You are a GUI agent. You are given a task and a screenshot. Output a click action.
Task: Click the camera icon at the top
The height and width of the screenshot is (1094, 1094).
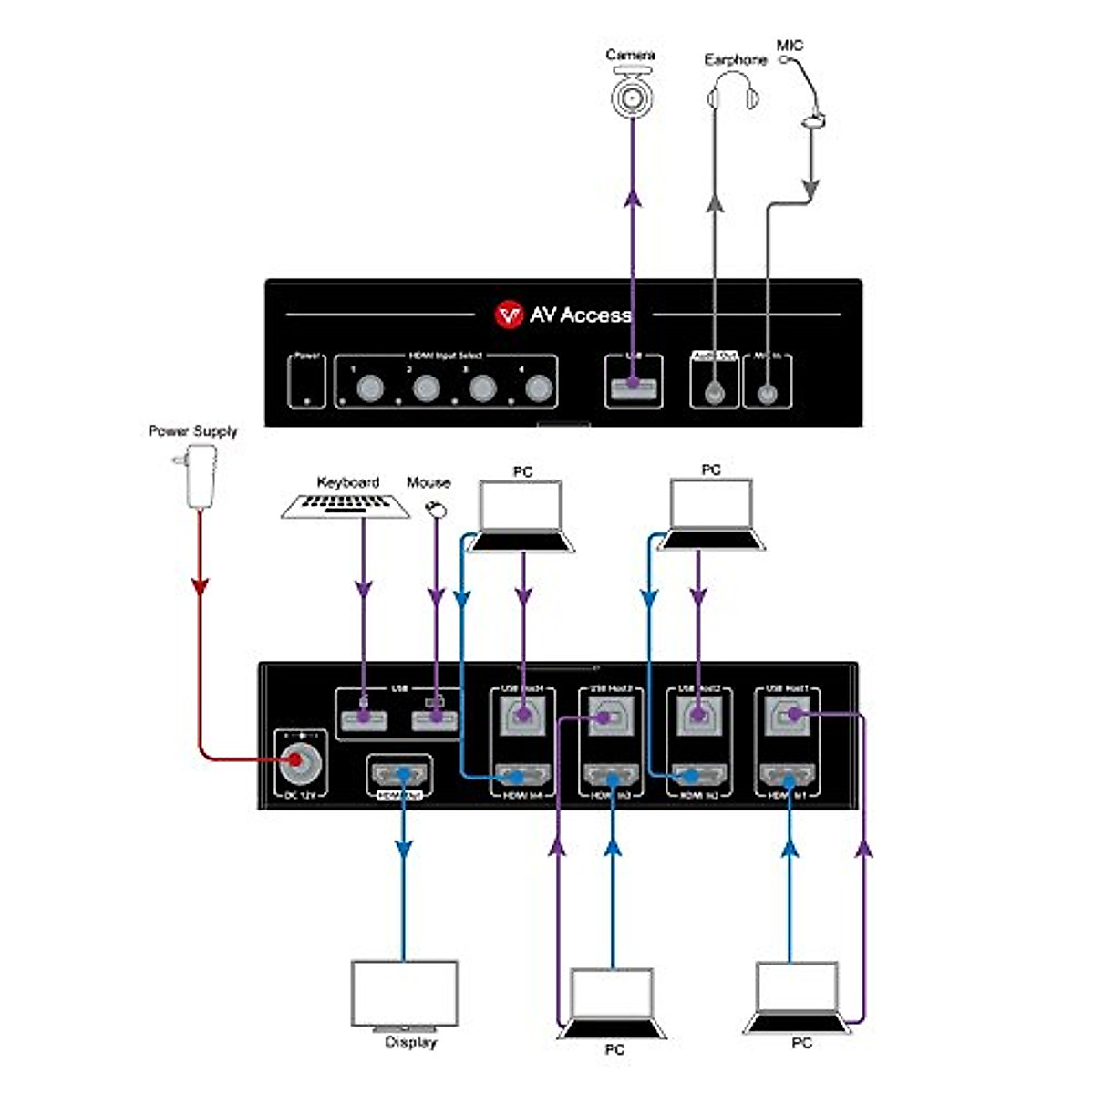pos(632,94)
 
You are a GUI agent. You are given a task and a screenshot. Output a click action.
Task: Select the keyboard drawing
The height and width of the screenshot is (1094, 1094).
pos(346,506)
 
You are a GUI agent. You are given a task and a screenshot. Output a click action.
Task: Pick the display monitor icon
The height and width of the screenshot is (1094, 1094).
pos(405,994)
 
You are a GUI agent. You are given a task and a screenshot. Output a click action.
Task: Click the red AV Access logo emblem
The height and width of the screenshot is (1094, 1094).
pos(508,315)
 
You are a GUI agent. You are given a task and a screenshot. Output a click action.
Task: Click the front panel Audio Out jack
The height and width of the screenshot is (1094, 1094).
pos(714,391)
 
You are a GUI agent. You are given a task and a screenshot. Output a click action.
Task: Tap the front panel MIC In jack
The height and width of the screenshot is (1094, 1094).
pos(768,392)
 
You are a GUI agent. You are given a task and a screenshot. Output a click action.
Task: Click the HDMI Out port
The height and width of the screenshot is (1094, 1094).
pos(399,775)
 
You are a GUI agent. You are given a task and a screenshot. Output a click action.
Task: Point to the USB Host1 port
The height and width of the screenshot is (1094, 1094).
pos(789,715)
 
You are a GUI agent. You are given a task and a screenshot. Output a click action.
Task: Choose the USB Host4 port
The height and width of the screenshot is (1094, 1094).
pos(522,716)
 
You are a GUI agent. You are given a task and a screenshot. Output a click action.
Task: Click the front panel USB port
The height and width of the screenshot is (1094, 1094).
pos(633,389)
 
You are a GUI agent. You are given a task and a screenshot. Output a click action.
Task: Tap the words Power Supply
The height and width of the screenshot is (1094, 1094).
pos(192,431)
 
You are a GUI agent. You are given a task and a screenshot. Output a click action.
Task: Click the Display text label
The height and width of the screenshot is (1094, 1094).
pos(410,1042)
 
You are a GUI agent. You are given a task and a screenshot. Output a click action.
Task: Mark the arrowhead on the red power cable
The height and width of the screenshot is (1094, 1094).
pos(201,587)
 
